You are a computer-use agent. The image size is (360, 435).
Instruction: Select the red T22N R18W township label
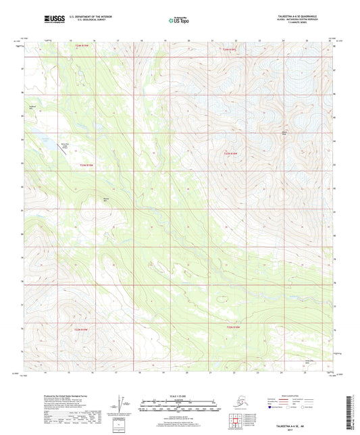(x=232, y=154)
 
